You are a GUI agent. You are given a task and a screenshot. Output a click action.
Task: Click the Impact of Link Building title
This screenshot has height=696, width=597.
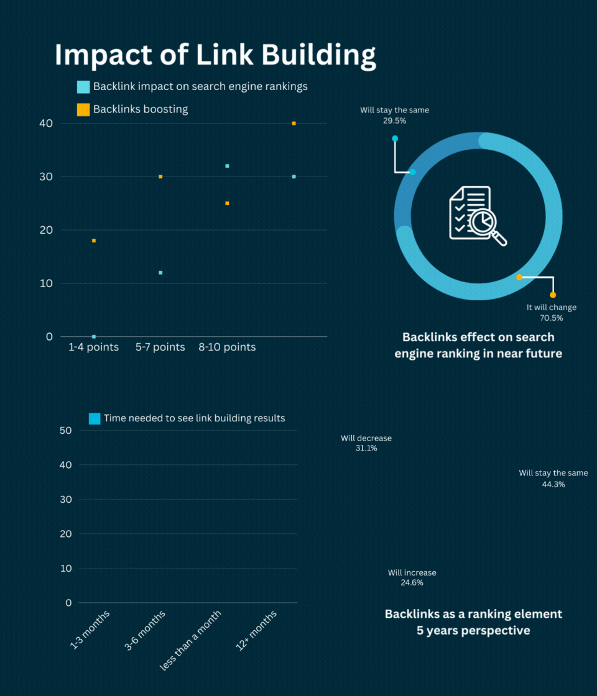click(215, 55)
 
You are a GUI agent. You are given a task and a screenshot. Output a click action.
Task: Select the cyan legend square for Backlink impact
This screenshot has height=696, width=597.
click(83, 87)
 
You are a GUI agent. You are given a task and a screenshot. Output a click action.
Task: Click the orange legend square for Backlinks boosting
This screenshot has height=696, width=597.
click(83, 110)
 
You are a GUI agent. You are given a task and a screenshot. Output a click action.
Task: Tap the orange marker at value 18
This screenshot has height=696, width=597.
click(94, 240)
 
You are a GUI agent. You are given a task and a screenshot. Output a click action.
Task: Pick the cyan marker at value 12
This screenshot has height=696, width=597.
click(160, 272)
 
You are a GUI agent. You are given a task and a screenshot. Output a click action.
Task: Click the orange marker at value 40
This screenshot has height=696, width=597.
click(294, 123)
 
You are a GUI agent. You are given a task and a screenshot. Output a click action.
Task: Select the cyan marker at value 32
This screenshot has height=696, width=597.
click(227, 166)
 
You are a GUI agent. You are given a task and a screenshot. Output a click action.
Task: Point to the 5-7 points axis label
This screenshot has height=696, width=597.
click(160, 347)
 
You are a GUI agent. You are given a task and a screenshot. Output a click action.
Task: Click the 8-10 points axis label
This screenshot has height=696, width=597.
click(227, 347)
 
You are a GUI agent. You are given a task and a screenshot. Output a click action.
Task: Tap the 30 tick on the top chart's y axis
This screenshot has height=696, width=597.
click(45, 176)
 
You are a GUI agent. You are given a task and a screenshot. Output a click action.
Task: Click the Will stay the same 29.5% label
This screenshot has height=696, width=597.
click(394, 116)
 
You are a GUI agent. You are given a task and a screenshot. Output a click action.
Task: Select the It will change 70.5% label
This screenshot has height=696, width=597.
click(551, 313)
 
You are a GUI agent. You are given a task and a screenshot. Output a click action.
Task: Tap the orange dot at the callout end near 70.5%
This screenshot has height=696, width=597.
click(553, 295)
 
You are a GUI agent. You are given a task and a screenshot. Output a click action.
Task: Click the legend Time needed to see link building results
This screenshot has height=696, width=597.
click(194, 418)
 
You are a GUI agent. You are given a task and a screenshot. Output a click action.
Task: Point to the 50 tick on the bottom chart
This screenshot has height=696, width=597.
click(66, 430)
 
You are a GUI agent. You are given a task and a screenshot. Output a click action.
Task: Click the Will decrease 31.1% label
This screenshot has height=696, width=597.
click(366, 443)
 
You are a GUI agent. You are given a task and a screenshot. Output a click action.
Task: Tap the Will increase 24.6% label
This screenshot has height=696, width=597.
click(412, 578)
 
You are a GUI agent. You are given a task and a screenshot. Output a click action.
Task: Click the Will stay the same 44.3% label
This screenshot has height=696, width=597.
click(553, 478)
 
